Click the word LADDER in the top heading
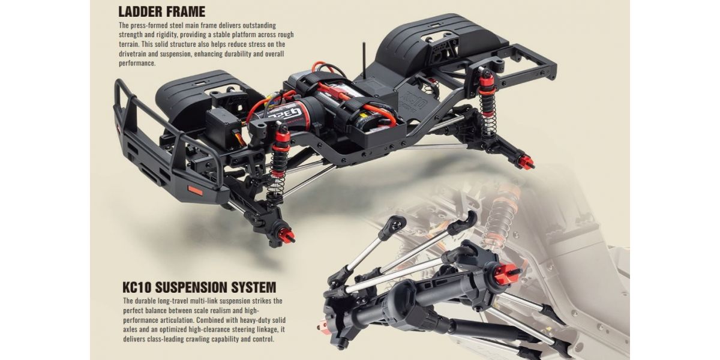[x=141, y=11]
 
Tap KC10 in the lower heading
[x=137, y=287]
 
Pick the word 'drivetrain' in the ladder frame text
[x=133, y=53]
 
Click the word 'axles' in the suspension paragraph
[x=131, y=329]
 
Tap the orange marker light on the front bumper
[x=195, y=191]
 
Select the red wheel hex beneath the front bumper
[x=286, y=236]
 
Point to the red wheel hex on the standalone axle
[x=505, y=274]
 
